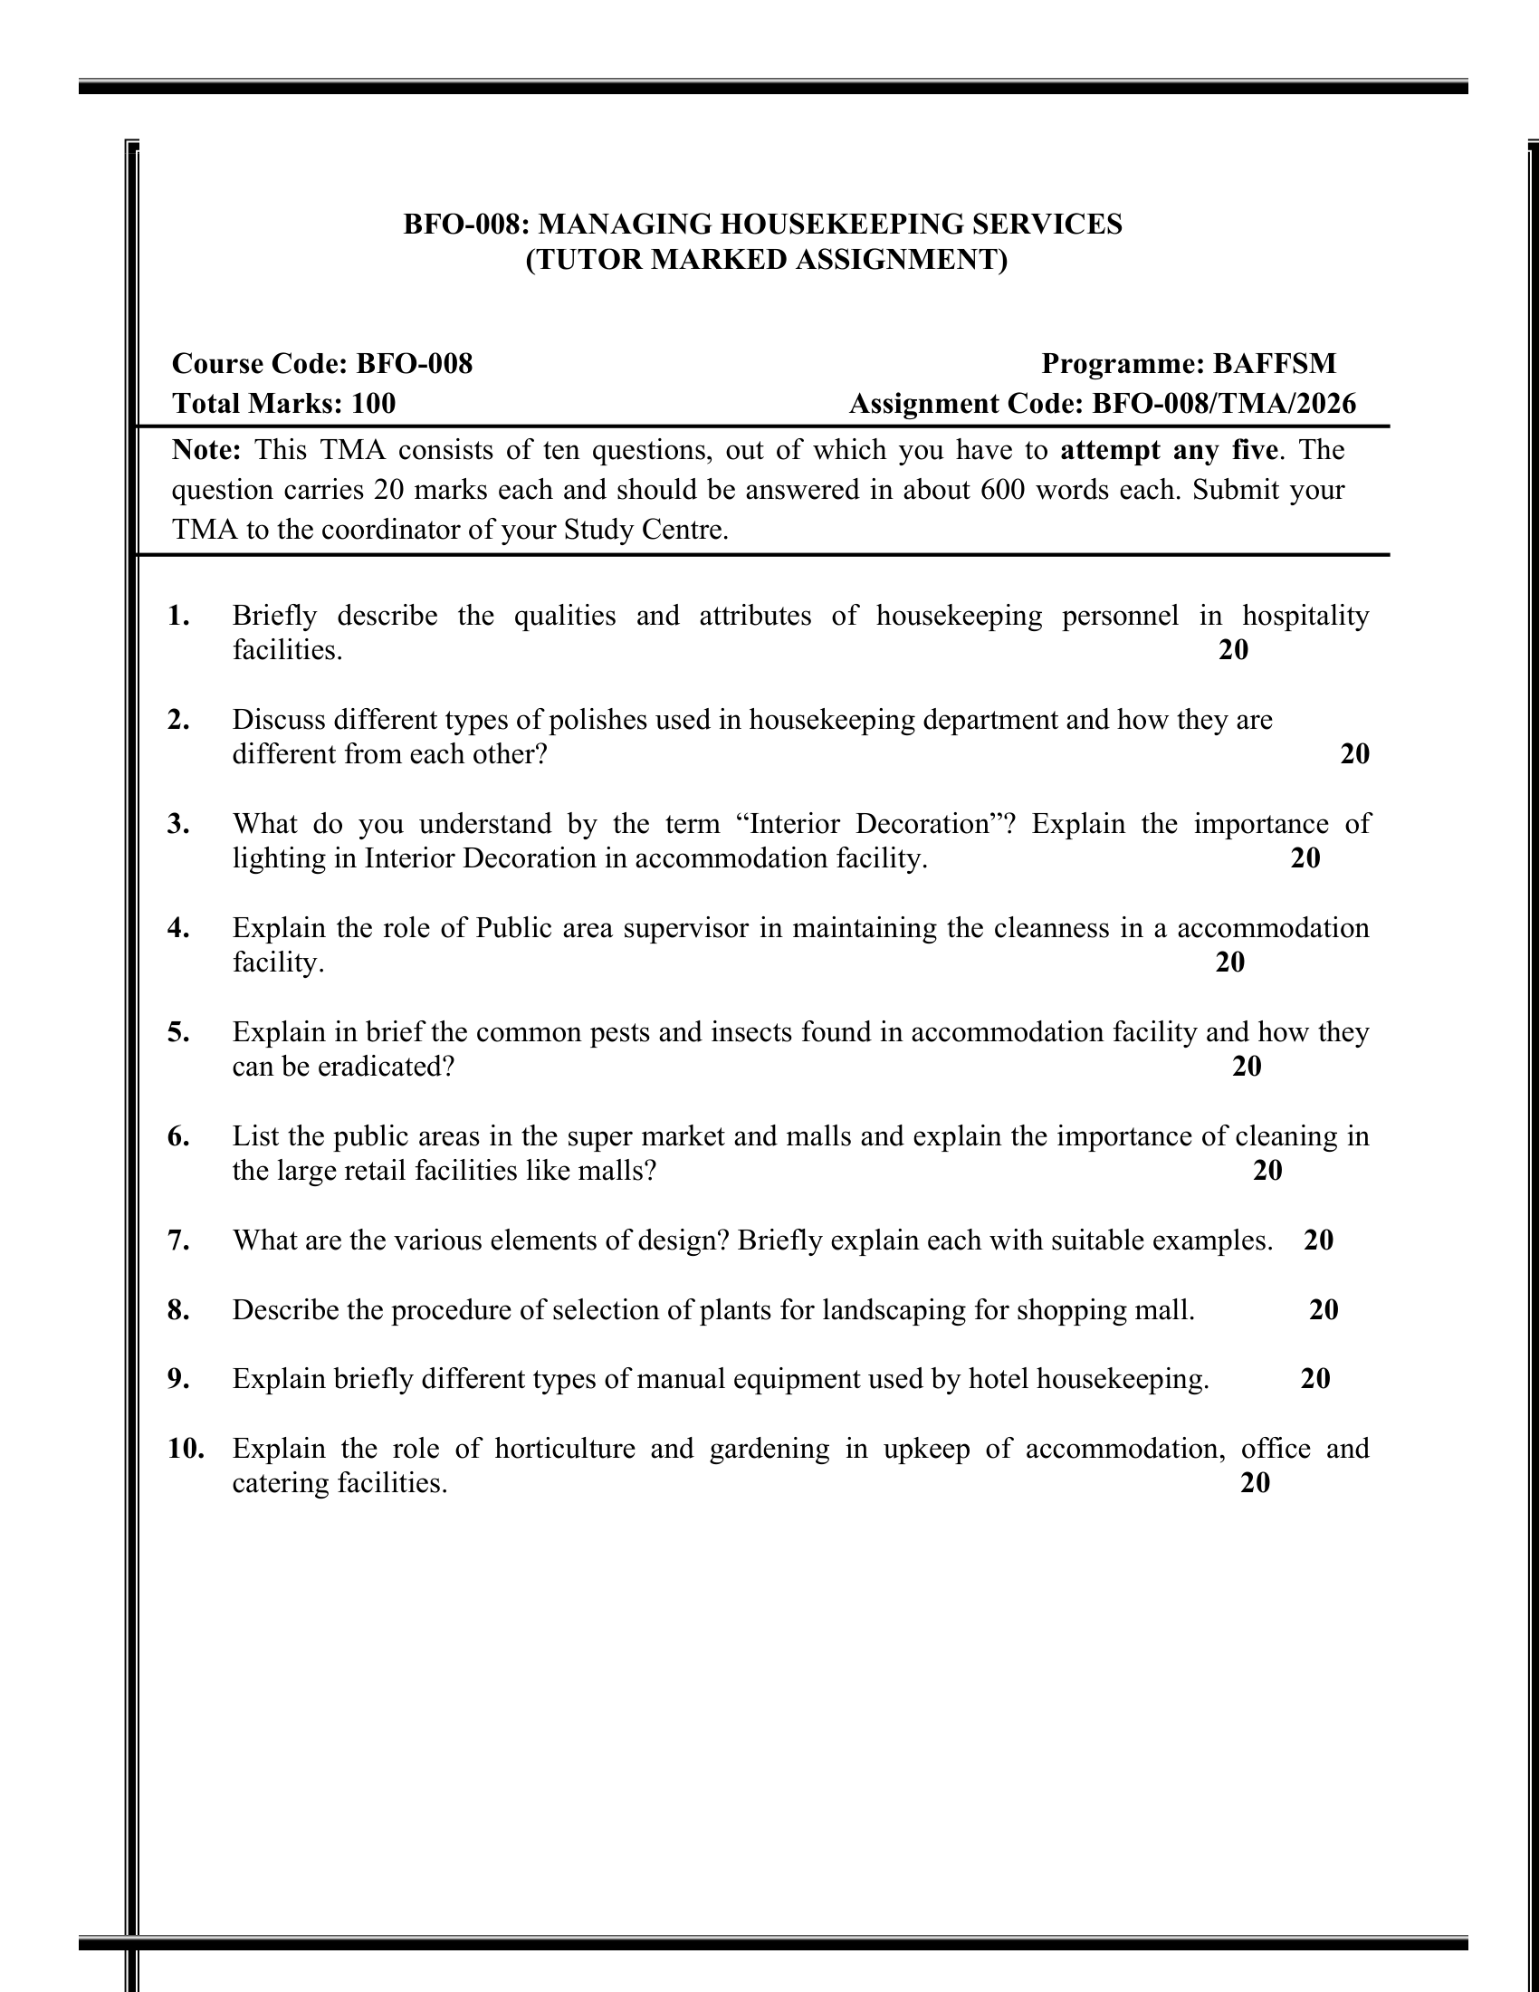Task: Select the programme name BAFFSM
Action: click(x=1274, y=364)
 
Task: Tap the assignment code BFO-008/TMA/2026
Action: click(x=1224, y=404)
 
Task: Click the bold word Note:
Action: click(x=207, y=451)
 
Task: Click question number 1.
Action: click(x=178, y=617)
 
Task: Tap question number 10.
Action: click(x=185, y=1450)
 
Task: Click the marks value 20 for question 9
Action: click(x=1314, y=1380)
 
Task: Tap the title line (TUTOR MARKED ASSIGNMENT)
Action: click(x=766, y=261)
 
